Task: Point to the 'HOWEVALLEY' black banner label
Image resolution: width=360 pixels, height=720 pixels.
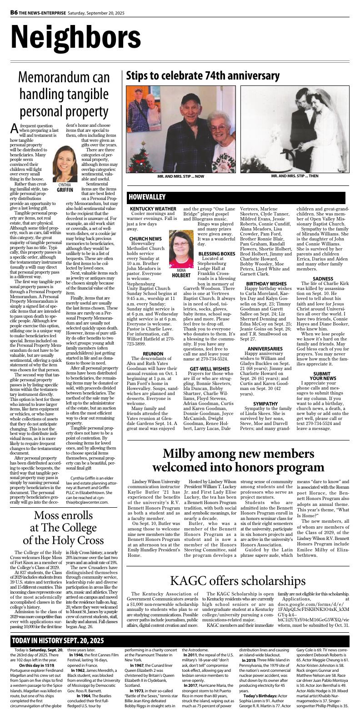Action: (146, 197)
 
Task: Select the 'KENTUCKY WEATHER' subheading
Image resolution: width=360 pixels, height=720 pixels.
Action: (153, 209)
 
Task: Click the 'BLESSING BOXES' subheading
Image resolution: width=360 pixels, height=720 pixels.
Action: (217, 253)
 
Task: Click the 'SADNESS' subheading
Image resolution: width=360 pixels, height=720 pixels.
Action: (323, 279)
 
